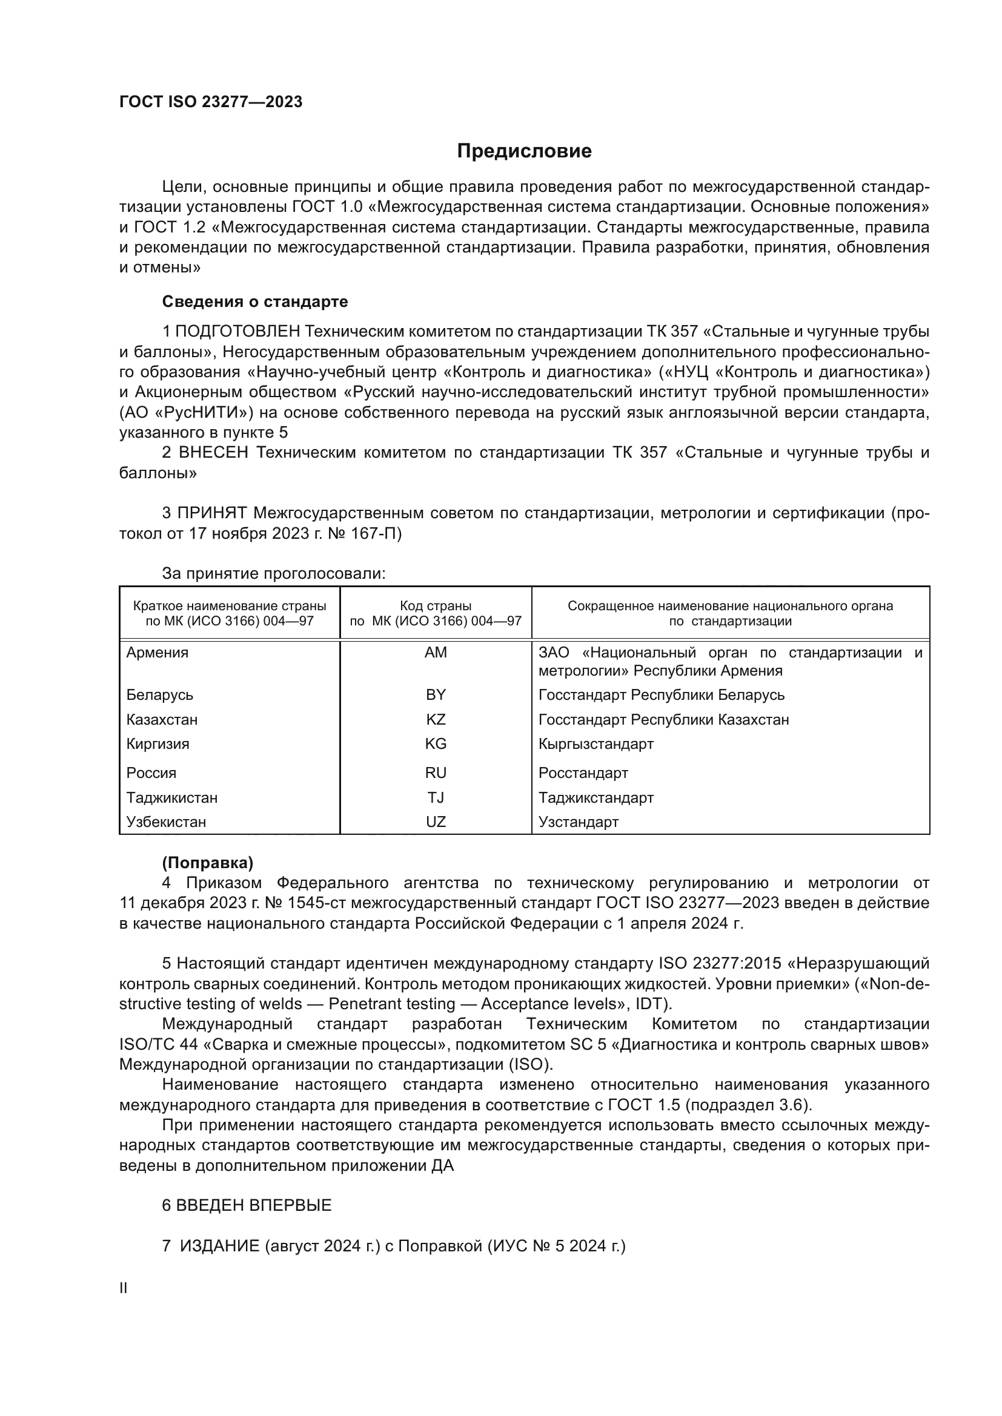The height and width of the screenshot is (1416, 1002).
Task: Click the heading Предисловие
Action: pyautogui.click(x=524, y=151)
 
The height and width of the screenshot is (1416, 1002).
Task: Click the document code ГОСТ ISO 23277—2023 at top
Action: pyautogui.click(x=210, y=102)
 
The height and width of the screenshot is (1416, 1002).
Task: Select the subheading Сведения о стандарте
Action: pyautogui.click(x=255, y=301)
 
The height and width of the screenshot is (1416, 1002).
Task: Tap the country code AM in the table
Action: pyautogui.click(x=436, y=653)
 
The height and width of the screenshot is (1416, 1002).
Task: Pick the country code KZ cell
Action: pyautogui.click(x=436, y=720)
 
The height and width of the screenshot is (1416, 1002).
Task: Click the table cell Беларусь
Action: pyautogui.click(x=160, y=695)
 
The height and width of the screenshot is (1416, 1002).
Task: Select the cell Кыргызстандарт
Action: pyautogui.click(x=596, y=744)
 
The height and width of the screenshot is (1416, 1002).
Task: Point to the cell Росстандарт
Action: pyautogui.click(x=583, y=773)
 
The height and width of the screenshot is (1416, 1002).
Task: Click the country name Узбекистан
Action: pyautogui.click(x=166, y=822)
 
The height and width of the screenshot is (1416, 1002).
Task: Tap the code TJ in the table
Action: pyautogui.click(x=436, y=798)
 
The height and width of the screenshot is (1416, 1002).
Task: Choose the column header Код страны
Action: pyautogui.click(x=436, y=606)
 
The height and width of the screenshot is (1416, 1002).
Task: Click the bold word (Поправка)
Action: pyautogui.click(x=207, y=863)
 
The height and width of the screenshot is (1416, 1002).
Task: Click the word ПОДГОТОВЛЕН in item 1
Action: pyautogui.click(x=237, y=332)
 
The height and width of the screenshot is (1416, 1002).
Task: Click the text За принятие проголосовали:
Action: pyautogui.click(x=273, y=573)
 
